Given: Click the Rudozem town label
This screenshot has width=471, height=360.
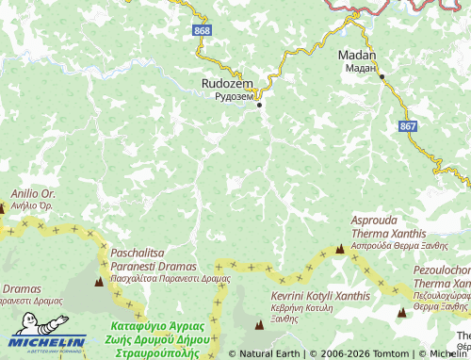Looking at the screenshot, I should coord(227,84).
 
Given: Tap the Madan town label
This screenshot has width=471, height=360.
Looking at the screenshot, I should coord(357,56).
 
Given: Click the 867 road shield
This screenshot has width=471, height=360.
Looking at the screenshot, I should coord(407,126).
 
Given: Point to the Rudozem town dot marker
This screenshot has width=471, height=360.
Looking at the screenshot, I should coord(260,105).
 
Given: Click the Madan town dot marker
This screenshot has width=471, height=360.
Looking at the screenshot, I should coord(382,76).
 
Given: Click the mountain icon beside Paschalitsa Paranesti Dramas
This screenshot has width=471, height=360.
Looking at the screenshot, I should coord(99,279).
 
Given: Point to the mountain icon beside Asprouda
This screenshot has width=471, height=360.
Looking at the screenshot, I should coord(339,249).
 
